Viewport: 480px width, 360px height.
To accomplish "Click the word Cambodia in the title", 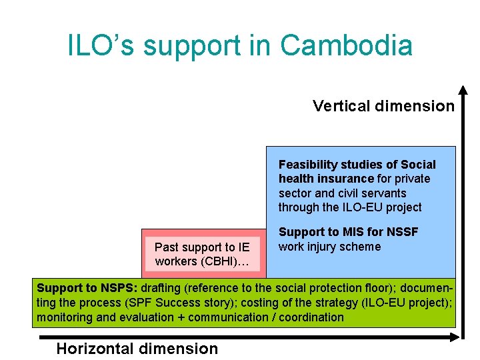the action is [x=346, y=45].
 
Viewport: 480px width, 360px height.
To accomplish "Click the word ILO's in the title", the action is [x=101, y=45].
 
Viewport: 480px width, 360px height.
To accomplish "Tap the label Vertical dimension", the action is [x=383, y=106].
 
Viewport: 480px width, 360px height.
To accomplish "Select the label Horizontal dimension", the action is [x=137, y=348].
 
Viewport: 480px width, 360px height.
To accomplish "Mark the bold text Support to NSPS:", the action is [x=87, y=289].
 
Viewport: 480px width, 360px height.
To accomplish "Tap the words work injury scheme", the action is [x=329, y=247].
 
